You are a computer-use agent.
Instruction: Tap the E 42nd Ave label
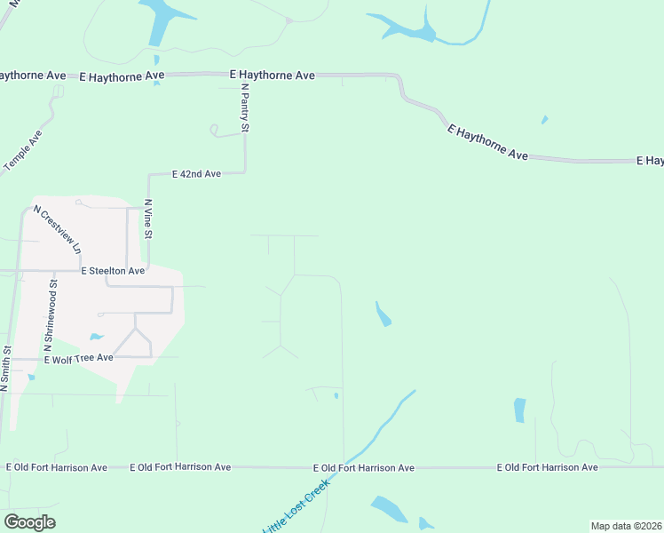click(195, 174)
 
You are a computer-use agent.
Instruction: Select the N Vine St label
click(148, 219)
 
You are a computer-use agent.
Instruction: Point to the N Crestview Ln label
click(58, 228)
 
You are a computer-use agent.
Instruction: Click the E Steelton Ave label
click(112, 270)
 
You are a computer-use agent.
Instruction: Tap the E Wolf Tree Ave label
click(80, 357)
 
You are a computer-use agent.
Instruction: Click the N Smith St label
click(5, 369)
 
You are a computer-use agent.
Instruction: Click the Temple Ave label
click(23, 150)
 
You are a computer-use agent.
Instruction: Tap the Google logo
click(29, 522)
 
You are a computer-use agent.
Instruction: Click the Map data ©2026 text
click(625, 526)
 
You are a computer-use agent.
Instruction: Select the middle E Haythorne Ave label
click(272, 76)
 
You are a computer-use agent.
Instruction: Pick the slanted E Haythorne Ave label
click(487, 142)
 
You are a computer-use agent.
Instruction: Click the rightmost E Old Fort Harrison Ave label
click(547, 467)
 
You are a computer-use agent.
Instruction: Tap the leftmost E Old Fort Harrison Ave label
click(57, 467)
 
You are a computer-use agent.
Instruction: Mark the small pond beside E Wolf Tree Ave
click(96, 338)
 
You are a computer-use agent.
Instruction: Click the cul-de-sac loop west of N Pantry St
click(214, 131)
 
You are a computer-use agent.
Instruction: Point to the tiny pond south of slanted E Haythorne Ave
click(544, 120)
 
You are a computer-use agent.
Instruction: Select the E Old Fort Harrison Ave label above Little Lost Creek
click(364, 467)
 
